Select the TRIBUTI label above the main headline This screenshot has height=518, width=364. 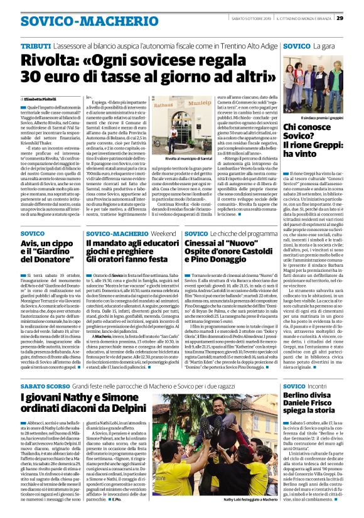point(36,46)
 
